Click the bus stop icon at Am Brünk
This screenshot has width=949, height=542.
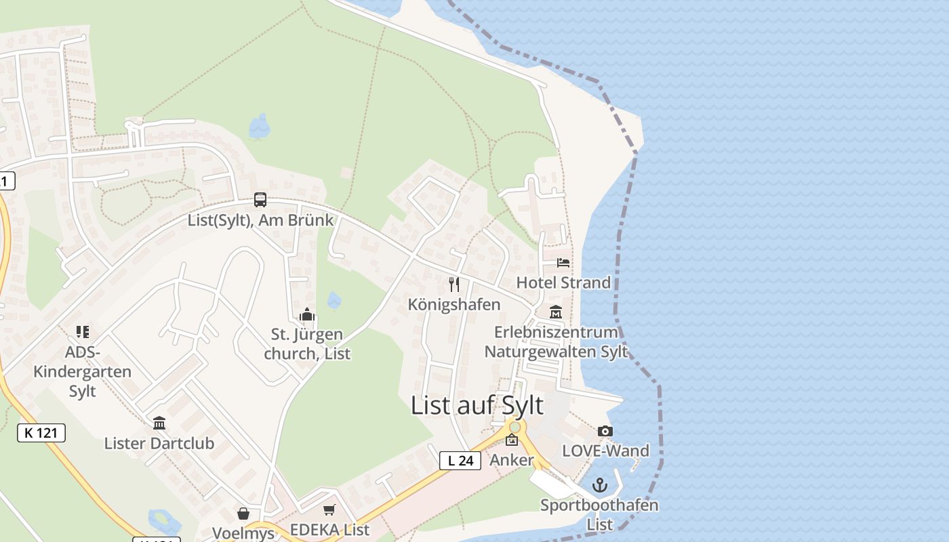pyautogui.click(x=260, y=200)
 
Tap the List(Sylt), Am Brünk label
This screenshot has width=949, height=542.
pyautogui.click(x=261, y=220)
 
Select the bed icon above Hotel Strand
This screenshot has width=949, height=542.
pyautogui.click(x=563, y=263)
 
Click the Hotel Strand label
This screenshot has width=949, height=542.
pyautogui.click(x=563, y=283)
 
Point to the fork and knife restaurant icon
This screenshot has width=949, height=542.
pyautogui.click(x=454, y=285)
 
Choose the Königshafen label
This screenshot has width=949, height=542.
pyautogui.click(x=454, y=305)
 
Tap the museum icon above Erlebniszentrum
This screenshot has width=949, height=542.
pyautogui.click(x=556, y=312)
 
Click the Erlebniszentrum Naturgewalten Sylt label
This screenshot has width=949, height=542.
pyautogui.click(x=556, y=342)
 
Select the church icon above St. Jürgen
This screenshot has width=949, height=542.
pyautogui.click(x=307, y=315)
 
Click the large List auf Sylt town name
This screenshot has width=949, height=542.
pyautogui.click(x=477, y=405)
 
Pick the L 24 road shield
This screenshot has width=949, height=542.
pyautogui.click(x=460, y=461)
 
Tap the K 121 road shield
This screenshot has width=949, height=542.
pyautogui.click(x=41, y=433)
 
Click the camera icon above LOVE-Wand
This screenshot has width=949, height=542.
pyautogui.click(x=605, y=431)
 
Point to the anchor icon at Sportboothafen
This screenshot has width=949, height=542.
pyautogui.click(x=599, y=485)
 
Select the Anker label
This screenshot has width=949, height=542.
pyautogui.click(x=512, y=461)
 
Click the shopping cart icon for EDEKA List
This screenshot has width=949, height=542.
pyautogui.click(x=329, y=510)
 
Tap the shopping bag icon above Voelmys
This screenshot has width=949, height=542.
pyautogui.click(x=243, y=514)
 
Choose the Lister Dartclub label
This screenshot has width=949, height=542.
pyautogui.click(x=159, y=444)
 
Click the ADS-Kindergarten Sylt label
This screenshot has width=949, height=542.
pyautogui.click(x=83, y=371)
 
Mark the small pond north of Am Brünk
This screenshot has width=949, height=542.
pyautogui.click(x=260, y=126)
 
